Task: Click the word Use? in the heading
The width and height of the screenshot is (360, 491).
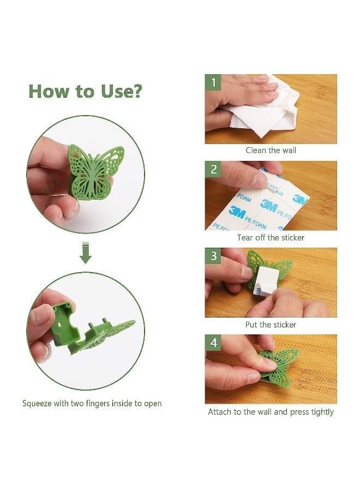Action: (122, 91)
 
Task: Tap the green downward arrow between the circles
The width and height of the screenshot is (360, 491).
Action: (86, 253)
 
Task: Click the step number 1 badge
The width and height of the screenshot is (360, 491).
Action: (213, 82)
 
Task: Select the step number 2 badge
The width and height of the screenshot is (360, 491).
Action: (213, 169)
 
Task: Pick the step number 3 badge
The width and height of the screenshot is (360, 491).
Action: (213, 256)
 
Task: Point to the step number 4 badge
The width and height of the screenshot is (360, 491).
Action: (213, 343)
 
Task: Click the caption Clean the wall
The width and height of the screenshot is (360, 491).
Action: (271, 151)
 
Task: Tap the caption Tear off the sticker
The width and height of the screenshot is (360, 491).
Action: (271, 238)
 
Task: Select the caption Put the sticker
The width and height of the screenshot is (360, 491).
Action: (271, 325)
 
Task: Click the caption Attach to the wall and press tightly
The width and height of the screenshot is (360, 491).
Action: (271, 412)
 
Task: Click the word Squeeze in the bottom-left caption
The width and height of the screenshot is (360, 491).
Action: (37, 403)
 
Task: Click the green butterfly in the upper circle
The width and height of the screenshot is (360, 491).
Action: (95, 172)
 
